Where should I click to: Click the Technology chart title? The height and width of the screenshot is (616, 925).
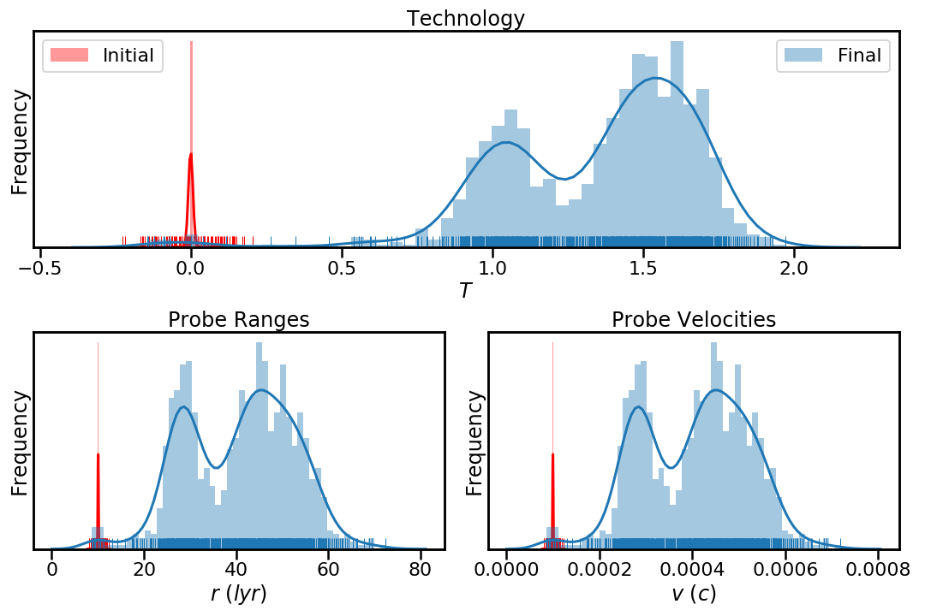click(465, 18)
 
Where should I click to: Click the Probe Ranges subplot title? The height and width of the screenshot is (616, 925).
click(238, 320)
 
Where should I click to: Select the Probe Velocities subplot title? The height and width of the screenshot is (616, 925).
click(693, 320)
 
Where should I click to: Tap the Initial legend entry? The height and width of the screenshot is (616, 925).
click(128, 56)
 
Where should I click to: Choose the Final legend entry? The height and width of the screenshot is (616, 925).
click(859, 56)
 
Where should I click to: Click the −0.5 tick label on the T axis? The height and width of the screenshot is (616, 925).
click(36, 268)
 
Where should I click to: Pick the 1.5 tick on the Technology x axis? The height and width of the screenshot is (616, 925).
click(643, 268)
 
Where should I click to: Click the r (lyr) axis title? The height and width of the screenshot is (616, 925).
click(238, 594)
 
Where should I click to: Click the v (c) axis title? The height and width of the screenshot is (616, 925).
click(693, 594)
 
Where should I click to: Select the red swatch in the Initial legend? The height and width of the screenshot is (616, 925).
click(70, 56)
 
